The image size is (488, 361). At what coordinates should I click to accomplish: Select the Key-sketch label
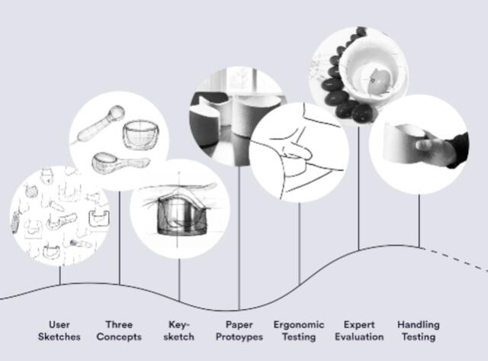(179, 330)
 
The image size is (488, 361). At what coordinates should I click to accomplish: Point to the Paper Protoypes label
(239, 330)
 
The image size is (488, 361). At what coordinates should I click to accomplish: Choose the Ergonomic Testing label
(299, 330)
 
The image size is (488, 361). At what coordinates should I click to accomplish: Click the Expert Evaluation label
(358, 330)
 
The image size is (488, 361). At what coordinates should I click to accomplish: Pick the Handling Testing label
(418, 330)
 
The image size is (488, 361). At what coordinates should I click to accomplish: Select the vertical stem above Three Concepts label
(120, 237)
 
